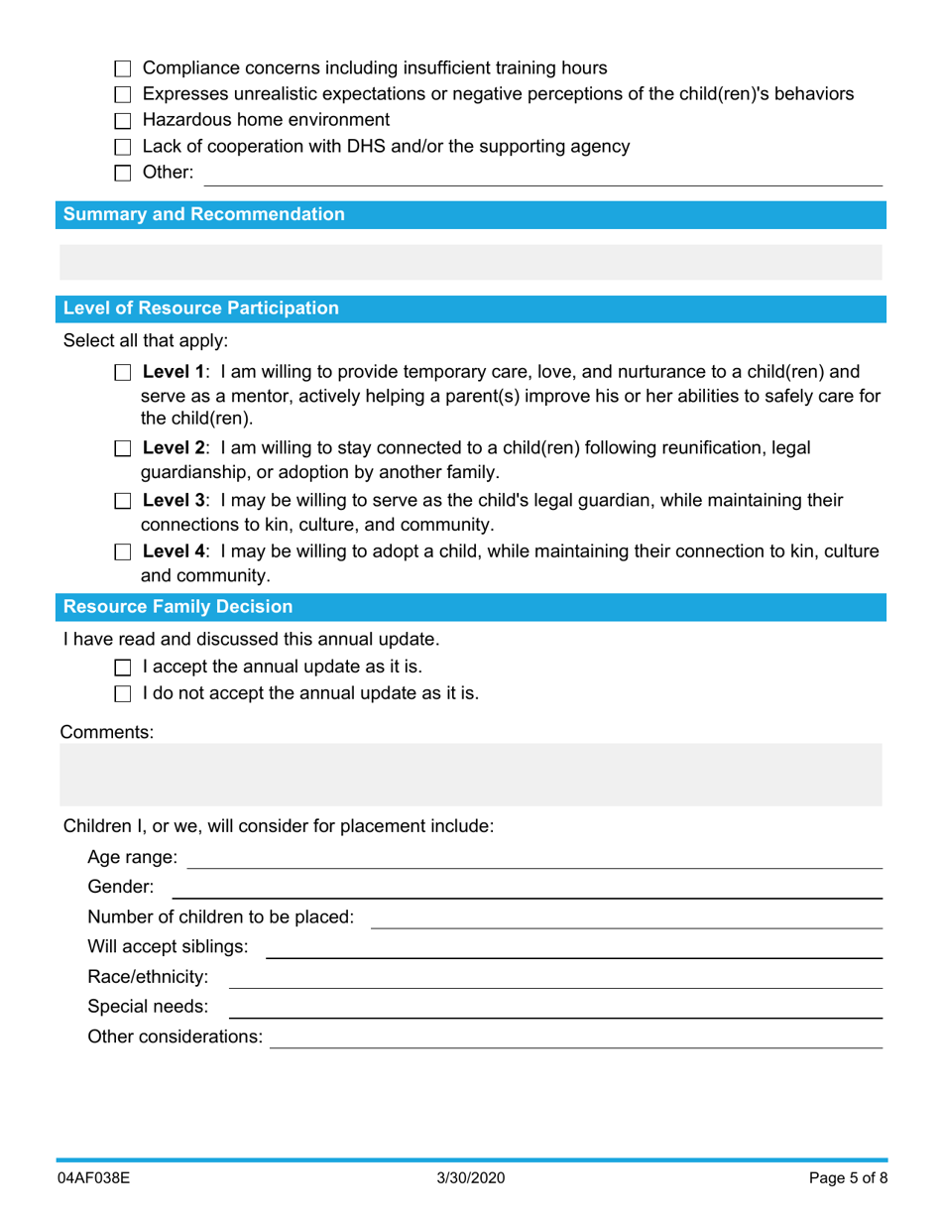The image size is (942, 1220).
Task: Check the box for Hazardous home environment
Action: (123, 121)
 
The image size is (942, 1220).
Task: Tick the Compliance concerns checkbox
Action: (123, 69)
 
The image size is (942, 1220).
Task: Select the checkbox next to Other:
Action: (123, 174)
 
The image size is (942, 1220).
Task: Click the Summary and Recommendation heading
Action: (204, 214)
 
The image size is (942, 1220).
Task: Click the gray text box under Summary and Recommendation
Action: (470, 261)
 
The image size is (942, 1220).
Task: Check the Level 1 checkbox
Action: (123, 374)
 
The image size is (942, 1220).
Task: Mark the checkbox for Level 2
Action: (123, 448)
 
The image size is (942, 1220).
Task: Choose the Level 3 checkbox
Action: (123, 501)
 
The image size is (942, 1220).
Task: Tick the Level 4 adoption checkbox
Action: (123, 552)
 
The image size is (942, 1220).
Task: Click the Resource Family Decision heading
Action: (178, 606)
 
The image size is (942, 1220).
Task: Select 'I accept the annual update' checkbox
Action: (123, 668)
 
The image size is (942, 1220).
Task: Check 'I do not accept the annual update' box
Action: (123, 694)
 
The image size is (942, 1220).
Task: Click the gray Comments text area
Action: (470, 774)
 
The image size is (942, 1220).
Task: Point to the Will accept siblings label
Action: (168, 946)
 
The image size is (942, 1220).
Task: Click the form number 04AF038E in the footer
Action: (95, 1178)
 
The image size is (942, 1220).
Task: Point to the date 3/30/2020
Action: (471, 1178)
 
